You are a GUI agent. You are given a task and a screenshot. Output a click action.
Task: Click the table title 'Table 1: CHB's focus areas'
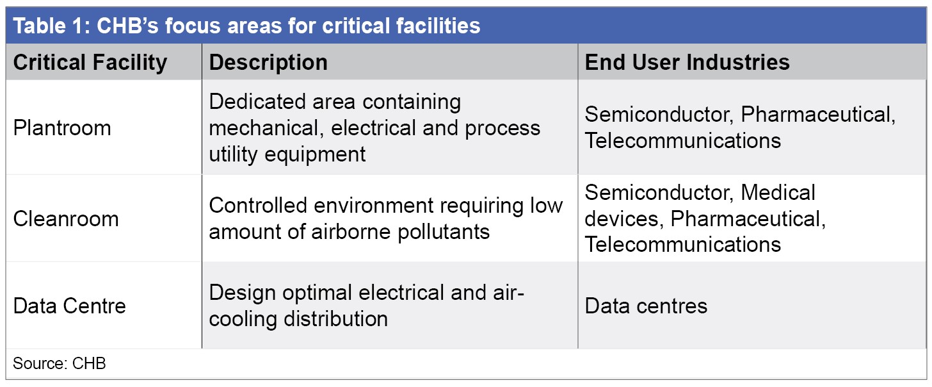point(246,26)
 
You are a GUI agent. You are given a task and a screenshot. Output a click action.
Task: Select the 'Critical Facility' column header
point(90,63)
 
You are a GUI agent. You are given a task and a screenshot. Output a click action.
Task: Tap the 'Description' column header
point(268,63)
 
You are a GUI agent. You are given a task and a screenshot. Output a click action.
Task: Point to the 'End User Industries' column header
point(687,62)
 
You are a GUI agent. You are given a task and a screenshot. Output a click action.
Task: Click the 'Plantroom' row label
point(62,128)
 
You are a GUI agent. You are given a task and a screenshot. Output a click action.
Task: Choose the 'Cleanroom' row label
point(66,218)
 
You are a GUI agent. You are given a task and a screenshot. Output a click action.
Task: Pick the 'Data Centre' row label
point(70,306)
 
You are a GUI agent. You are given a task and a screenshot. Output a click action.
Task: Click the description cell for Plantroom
point(374,128)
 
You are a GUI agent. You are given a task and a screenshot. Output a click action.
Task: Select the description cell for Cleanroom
point(386,218)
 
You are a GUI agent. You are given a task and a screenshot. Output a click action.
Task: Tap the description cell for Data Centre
point(366,306)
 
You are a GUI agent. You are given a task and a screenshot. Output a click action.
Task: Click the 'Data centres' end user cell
point(646,306)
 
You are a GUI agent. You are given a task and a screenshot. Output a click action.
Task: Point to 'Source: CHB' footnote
point(60,363)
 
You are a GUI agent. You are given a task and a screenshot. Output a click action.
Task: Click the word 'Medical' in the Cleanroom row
point(778,192)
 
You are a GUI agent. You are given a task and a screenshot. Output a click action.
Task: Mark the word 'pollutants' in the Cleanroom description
point(444,232)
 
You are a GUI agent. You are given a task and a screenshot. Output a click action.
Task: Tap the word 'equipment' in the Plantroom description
point(315,154)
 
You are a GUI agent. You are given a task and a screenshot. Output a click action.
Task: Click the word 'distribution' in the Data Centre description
point(336,318)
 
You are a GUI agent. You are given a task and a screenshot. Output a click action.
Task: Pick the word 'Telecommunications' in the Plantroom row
point(683,140)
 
